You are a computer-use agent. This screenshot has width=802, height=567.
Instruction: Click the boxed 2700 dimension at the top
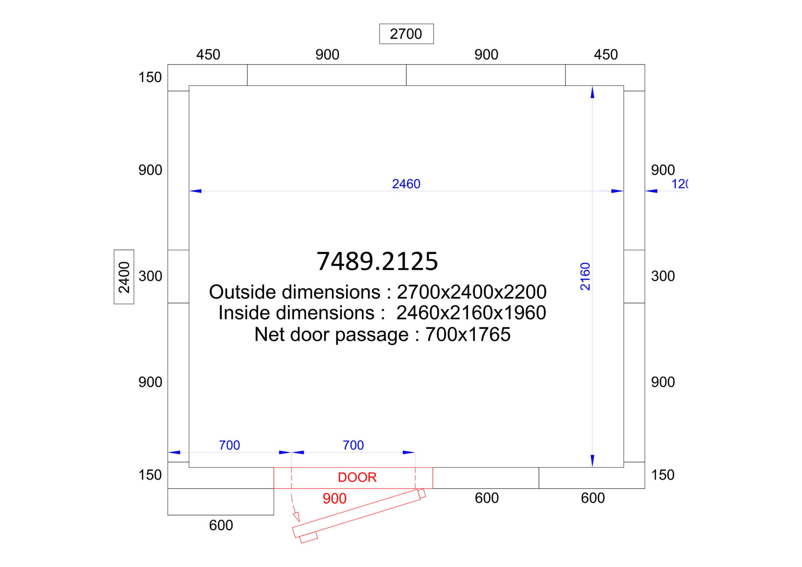(406, 34)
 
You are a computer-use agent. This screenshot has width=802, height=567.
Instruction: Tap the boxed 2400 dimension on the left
(124, 277)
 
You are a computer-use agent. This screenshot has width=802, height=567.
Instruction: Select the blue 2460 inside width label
(406, 184)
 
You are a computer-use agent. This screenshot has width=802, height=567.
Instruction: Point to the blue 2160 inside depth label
(585, 276)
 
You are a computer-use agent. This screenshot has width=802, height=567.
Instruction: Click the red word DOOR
(357, 477)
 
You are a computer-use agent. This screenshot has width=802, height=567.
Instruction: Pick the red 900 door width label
(334, 498)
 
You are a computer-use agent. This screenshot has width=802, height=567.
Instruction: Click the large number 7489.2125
(377, 261)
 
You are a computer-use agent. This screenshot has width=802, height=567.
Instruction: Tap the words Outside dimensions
(294, 292)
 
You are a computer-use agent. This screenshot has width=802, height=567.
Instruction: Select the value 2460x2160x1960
(471, 313)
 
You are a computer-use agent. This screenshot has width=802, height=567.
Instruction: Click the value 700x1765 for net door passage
(468, 334)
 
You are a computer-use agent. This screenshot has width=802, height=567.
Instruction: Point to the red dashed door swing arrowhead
(296, 516)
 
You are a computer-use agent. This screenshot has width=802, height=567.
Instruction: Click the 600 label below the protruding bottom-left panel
(221, 525)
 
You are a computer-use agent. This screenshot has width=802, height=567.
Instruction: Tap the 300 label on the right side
(663, 276)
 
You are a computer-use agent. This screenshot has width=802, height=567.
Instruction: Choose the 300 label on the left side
(150, 276)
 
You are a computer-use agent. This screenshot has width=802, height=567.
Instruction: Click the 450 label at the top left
(208, 54)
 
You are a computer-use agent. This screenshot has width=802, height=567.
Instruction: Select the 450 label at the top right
(606, 54)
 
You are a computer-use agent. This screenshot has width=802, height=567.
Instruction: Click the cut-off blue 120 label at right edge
(680, 184)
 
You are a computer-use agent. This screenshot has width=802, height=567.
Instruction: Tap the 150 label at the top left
(150, 77)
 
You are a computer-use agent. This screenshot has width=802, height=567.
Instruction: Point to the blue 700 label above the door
(353, 445)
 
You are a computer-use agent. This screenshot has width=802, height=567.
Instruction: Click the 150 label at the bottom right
(663, 475)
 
